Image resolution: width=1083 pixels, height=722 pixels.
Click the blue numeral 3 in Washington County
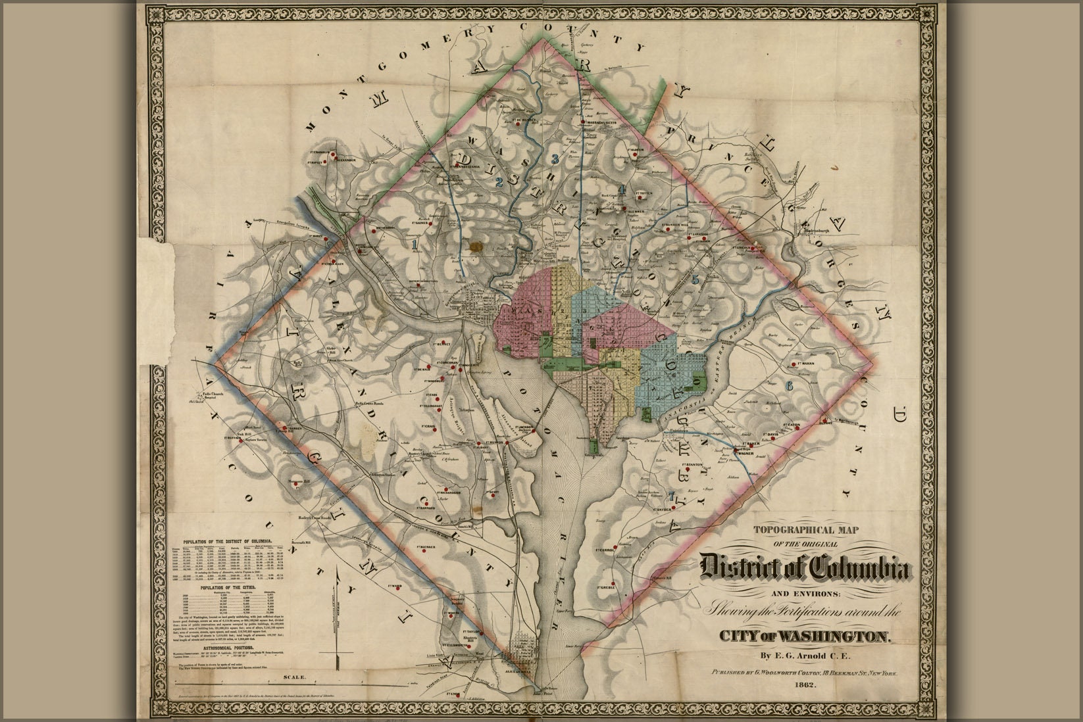[555, 158]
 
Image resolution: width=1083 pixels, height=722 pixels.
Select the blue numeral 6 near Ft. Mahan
[789, 384]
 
